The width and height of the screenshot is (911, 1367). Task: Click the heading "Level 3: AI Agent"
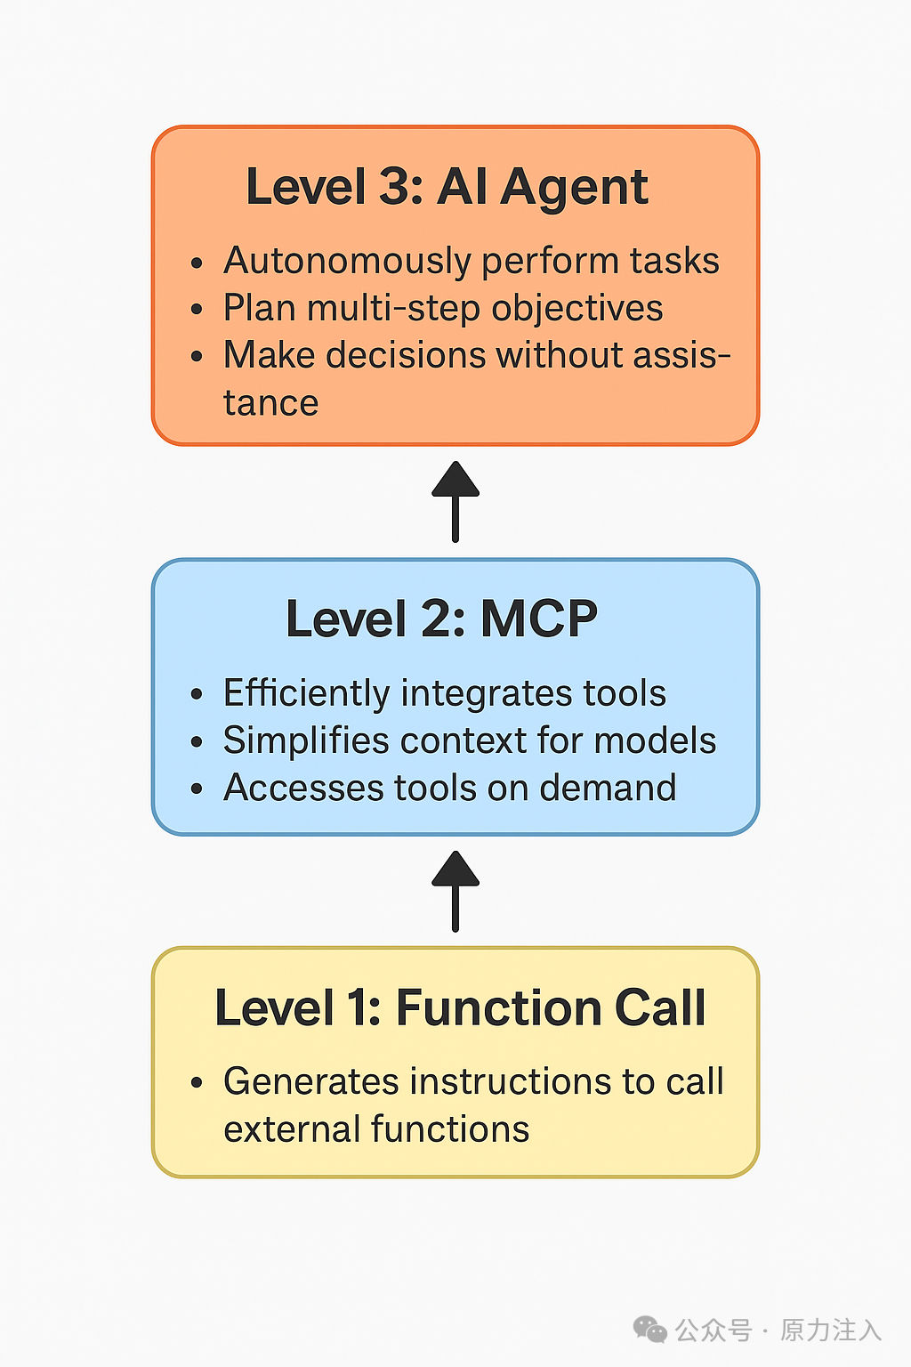point(447,187)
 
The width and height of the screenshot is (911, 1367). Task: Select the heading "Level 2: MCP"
point(441,619)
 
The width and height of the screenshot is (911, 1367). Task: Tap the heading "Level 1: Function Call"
point(460,1007)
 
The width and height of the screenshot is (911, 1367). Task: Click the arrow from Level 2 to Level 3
point(455,501)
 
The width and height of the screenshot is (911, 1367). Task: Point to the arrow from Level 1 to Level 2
point(455,891)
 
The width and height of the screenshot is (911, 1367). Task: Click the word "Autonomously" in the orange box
point(347,261)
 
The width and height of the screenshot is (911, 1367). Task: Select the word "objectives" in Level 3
point(576,308)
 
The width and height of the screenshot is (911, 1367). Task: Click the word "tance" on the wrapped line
point(270,403)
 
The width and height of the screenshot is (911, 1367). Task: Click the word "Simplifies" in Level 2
point(306,740)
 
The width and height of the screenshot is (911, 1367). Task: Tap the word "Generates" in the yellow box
point(310,1082)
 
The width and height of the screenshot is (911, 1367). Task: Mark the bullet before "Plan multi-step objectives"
point(197,310)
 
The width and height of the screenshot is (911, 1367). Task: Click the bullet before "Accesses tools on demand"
point(197,789)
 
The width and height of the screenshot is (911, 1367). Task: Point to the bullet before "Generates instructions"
point(197,1083)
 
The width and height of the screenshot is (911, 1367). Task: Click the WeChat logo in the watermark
point(649,1330)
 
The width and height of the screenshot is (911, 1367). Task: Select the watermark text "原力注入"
point(831,1330)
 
